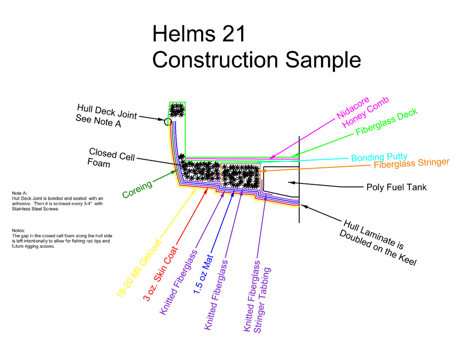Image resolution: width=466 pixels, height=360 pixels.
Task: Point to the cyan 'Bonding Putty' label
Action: [x=379, y=157]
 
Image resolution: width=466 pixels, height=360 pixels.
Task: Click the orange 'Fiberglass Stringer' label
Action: [x=411, y=164]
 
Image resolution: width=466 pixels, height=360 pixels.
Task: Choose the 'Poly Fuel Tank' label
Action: [x=396, y=187]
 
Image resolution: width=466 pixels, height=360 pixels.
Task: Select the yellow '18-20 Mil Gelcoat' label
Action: [x=139, y=267]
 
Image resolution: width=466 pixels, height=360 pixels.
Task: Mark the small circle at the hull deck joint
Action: [x=168, y=122]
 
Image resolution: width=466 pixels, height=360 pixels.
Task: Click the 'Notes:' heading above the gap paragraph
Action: [x=19, y=230]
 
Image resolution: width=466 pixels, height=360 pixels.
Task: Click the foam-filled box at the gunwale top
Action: [x=177, y=110]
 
